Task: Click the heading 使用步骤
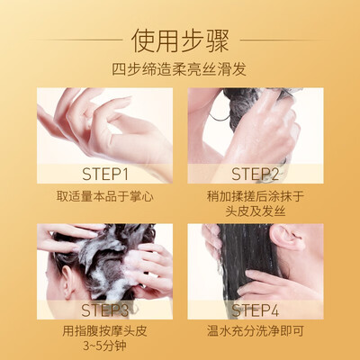180,40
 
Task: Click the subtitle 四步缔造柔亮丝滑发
179,69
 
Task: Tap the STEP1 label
105,175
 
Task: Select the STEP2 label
256,175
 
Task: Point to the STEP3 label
105,310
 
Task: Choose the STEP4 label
256,310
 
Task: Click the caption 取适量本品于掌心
104,196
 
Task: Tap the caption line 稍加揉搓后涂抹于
256,196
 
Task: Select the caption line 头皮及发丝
256,211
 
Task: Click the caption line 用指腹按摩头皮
104,331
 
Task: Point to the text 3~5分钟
104,346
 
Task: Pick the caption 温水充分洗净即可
256,331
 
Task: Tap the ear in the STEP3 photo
67,282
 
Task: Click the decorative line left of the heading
78,40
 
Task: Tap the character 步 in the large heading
193,40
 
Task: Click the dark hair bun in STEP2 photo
241,105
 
